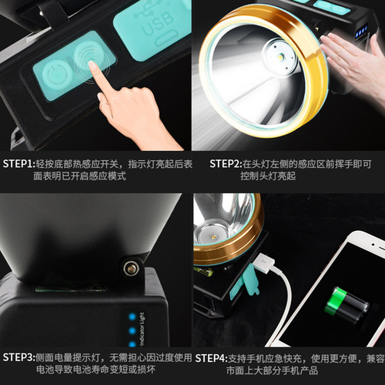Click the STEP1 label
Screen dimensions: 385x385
(18, 164)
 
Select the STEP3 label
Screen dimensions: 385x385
(18, 357)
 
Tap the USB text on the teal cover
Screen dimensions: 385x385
(157, 25)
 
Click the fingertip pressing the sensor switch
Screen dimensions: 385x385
(91, 64)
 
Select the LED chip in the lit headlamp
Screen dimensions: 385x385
(280, 56)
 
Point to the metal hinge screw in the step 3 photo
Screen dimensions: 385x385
(132, 269)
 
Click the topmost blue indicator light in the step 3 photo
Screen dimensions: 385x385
(132, 316)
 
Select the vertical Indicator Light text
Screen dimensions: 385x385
(142, 330)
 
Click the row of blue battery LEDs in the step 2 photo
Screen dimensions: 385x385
(362, 32)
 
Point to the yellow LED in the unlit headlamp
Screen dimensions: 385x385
(214, 235)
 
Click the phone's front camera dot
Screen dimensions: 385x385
(373, 246)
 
